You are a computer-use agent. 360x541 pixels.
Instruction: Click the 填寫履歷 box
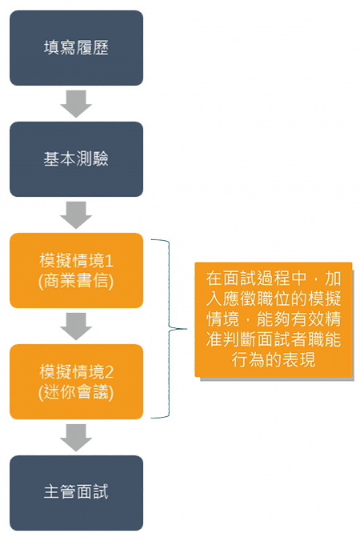[76, 48]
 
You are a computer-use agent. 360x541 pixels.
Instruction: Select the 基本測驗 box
[76, 159]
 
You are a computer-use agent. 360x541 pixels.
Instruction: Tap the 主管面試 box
[76, 493]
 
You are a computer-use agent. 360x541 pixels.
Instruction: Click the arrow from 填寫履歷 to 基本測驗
[76, 103]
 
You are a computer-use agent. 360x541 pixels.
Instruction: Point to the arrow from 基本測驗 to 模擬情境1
[76, 215]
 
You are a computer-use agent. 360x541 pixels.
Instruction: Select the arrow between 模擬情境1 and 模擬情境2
[76, 326]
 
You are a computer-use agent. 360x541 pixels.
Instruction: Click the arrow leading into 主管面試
[76, 438]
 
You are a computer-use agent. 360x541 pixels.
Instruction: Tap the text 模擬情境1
[76, 261]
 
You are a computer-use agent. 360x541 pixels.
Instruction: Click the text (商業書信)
[76, 281]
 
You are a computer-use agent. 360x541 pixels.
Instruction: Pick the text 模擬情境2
[76, 372]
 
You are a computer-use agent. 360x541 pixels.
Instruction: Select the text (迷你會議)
[76, 392]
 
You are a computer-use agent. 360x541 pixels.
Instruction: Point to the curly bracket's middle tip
[186, 329]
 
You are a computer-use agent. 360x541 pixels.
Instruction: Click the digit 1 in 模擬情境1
[110, 261]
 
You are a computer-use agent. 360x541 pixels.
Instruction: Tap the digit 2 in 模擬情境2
[110, 372]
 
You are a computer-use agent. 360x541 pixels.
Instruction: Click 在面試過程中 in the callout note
[256, 279]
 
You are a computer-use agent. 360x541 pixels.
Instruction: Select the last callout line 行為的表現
[274, 360]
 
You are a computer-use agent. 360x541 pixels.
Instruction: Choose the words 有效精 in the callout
[315, 319]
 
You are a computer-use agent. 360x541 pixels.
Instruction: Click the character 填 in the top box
[52, 48]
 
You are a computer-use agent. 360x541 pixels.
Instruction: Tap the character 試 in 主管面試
[100, 492]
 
